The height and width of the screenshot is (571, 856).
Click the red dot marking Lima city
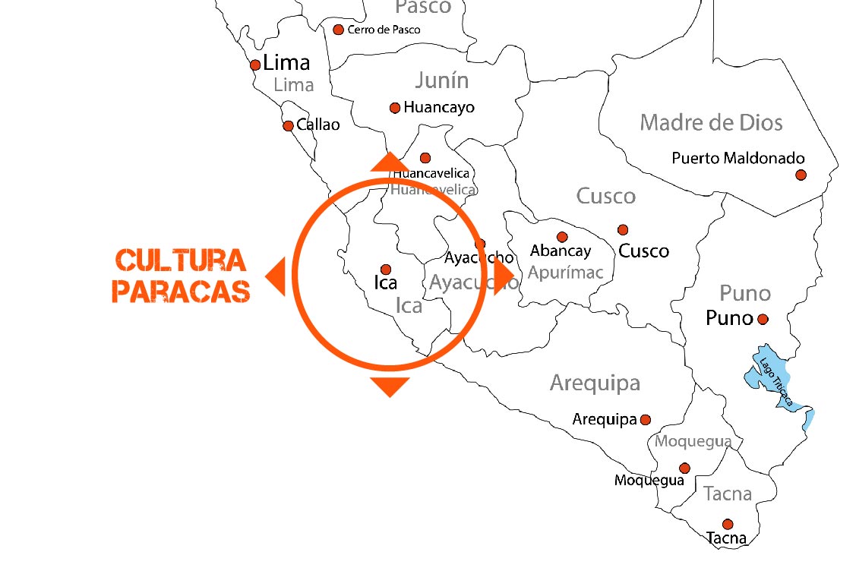tap(255, 65)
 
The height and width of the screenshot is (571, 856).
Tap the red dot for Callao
tap(288, 125)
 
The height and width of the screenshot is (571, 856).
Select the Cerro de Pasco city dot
tap(339, 30)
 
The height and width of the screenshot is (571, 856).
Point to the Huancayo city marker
tap(394, 108)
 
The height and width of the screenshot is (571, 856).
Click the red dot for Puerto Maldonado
tap(801, 175)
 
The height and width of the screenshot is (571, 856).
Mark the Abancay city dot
tap(562, 237)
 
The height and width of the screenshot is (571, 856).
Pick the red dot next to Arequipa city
tap(646, 419)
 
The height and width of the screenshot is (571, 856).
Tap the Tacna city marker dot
tap(728, 524)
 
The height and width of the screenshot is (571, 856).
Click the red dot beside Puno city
tap(763, 320)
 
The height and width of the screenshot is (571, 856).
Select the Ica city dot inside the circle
tap(385, 269)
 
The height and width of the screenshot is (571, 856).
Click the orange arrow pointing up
tap(390, 161)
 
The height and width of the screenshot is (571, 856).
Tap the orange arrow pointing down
tap(390, 386)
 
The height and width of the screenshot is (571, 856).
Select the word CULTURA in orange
tap(181, 260)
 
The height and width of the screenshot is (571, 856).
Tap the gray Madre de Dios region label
tap(711, 122)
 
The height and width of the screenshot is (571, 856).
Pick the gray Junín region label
tap(441, 80)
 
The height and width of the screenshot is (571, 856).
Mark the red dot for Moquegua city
tap(684, 468)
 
